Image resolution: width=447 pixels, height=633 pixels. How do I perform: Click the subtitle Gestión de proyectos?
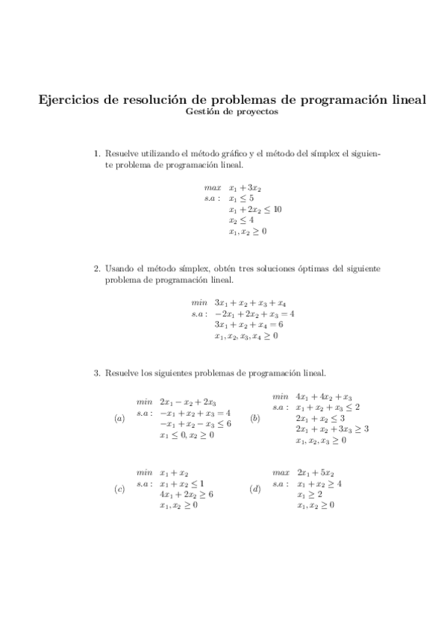click(x=234, y=113)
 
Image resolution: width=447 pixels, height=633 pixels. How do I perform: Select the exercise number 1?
click(x=96, y=154)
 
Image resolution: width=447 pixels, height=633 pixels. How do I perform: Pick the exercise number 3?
click(x=96, y=372)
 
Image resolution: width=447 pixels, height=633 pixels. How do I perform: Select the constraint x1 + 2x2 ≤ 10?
click(x=254, y=210)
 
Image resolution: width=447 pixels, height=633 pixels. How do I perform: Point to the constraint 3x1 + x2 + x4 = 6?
click(x=248, y=325)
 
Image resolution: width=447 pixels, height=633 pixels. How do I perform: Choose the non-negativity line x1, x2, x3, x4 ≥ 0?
click(x=246, y=337)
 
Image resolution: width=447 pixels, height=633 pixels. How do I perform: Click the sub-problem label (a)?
click(x=119, y=419)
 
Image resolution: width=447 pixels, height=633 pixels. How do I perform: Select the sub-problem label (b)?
click(x=256, y=419)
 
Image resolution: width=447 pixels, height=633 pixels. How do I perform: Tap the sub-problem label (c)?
click(x=119, y=490)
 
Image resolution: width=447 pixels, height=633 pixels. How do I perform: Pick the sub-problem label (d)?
click(x=256, y=490)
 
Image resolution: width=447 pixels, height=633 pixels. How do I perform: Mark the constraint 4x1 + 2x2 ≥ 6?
click(x=187, y=494)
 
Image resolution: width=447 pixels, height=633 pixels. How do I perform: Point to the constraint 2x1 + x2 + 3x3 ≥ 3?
click(x=332, y=429)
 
